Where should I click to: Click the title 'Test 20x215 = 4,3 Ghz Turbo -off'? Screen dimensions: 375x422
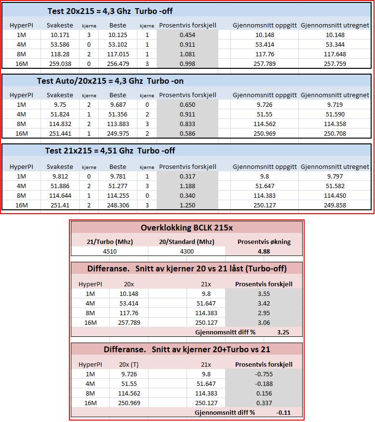pos(110,11)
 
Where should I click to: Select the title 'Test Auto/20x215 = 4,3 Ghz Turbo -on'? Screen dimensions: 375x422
pos(110,81)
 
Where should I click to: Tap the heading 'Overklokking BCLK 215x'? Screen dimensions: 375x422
pos(187,228)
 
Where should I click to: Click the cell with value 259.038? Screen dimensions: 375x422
pos(60,64)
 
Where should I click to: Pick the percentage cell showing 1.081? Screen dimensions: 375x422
pos(187,54)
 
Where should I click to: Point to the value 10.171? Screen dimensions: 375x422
pos(60,35)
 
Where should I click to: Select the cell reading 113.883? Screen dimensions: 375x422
pos(118,124)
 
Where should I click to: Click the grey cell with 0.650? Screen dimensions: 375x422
pos(187,105)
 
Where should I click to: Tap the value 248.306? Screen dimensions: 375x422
pos(118,205)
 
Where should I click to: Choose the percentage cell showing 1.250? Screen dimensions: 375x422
pos(187,205)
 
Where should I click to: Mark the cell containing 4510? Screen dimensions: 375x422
pos(110,251)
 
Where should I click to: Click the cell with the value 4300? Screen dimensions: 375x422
pos(187,251)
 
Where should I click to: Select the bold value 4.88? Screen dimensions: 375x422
pos(264,251)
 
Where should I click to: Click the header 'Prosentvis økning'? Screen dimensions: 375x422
pos(264,242)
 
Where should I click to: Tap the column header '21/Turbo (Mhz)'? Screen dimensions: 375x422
pos(110,242)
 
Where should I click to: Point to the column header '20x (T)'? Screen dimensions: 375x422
pos(129,364)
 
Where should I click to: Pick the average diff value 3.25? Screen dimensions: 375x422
pos(283,332)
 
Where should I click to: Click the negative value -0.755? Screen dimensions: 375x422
pos(264,374)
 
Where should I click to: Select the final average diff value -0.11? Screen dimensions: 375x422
pos(283,412)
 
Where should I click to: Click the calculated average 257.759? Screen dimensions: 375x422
pos(335,64)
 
